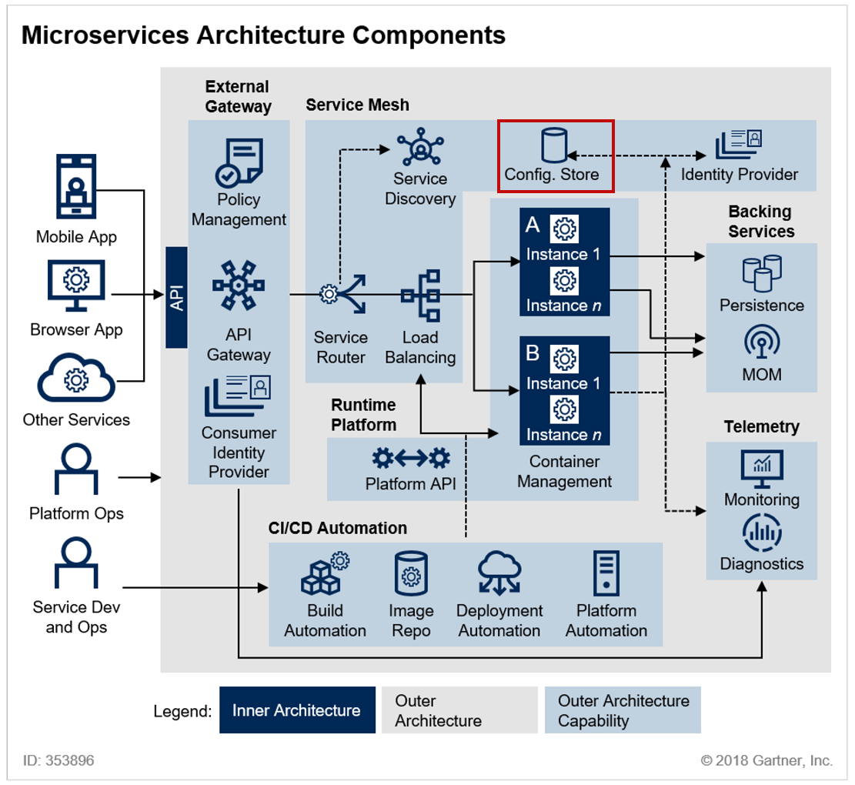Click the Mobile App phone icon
click(76, 186)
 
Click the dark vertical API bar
click(177, 297)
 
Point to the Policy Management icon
click(239, 162)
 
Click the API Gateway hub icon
click(239, 286)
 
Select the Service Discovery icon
click(420, 147)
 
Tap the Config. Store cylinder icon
click(554, 145)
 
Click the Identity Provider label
click(739, 175)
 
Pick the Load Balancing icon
click(421, 296)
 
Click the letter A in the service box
click(533, 225)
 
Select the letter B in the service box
click(533, 353)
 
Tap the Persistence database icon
click(762, 273)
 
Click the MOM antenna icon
click(762, 342)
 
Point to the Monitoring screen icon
click(762, 469)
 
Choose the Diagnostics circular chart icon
click(762, 533)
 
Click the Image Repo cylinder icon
click(411, 573)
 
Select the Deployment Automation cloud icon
click(499, 573)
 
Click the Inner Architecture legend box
click(297, 710)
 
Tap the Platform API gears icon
click(411, 459)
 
